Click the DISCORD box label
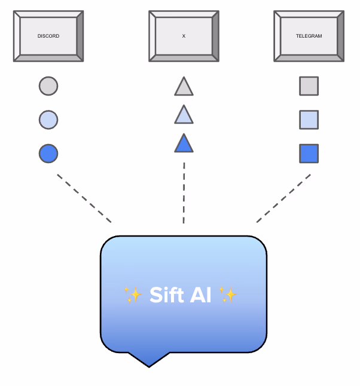point(48,36)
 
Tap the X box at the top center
point(184,36)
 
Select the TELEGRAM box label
point(309,36)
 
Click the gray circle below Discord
point(48,86)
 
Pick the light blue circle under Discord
point(48,120)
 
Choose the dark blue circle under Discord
point(48,154)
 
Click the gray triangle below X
point(184,88)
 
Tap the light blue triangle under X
point(184,115)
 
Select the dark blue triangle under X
point(184,144)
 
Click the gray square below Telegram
point(309,86)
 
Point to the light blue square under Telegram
point(309,120)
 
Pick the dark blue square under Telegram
point(309,154)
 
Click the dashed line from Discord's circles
point(84,198)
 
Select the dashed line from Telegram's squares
point(284,198)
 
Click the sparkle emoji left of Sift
point(133,295)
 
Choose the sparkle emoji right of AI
point(228,295)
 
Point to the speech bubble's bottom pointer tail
point(148,360)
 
